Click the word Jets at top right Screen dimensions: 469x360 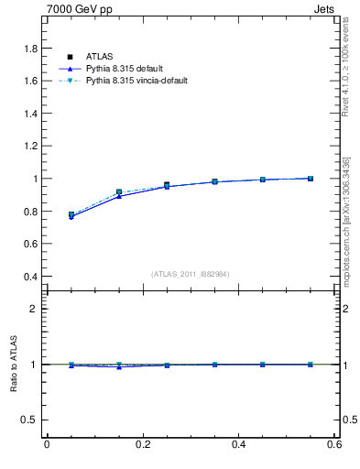[325, 10]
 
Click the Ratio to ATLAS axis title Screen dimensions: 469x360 [14, 365]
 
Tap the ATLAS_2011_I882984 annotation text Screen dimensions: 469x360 [190, 274]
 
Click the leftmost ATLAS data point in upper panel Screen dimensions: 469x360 [71, 214]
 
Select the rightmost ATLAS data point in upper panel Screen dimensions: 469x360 [311, 179]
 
